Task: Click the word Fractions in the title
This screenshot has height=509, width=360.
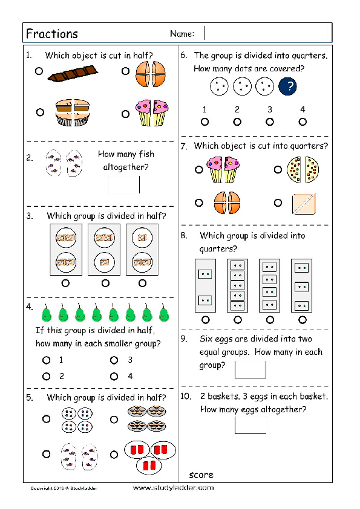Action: pos(52,33)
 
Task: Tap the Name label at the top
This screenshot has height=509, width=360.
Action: pos(182,34)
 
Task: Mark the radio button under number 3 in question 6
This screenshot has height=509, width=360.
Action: pos(270,122)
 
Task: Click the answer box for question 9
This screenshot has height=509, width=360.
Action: pos(250,369)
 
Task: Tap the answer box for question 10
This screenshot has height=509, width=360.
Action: pos(250,424)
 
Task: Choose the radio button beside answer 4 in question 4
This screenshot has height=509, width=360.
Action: pos(114,376)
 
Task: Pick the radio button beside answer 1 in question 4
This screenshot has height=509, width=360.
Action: pos(46,360)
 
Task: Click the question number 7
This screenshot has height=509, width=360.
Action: pos(184,146)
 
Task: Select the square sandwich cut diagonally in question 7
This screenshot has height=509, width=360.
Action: pos(304,203)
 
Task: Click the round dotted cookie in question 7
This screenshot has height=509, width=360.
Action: pos(303,170)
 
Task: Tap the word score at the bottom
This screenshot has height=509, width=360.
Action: pos(201,475)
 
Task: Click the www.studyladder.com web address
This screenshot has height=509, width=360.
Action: pos(172,487)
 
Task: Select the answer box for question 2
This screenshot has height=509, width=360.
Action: pos(124,184)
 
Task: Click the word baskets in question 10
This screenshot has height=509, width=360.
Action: pos(224,397)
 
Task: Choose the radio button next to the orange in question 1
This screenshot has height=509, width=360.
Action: pos(125,71)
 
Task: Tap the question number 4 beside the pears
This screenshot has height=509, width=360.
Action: pos(28,306)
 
